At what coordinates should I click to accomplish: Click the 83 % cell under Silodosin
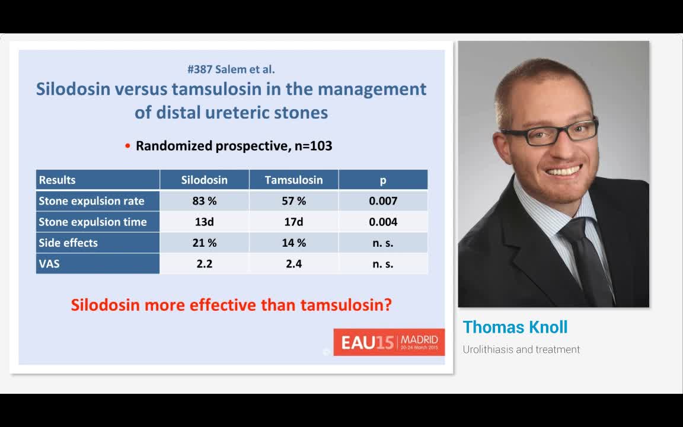point(205,201)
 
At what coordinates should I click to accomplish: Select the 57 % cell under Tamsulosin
point(293,201)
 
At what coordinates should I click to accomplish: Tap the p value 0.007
point(383,201)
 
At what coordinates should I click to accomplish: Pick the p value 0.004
point(383,222)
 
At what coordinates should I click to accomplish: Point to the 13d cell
point(205,222)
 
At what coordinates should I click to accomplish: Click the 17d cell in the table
point(293,222)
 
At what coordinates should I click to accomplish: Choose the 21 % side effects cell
point(205,243)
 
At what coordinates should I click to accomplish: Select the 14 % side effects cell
point(293,243)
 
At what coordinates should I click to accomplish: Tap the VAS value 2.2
point(205,264)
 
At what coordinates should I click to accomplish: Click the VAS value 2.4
point(293,264)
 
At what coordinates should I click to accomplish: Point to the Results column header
point(58,180)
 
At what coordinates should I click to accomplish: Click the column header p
point(383,180)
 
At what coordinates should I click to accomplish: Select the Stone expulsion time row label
point(92,222)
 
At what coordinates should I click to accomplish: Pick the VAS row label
point(49,264)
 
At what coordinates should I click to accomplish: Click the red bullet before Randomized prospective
point(127,146)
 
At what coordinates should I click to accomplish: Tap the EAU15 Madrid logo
point(389,342)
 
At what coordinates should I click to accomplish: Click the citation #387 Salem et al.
point(231,69)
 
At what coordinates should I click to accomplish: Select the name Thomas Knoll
point(515,327)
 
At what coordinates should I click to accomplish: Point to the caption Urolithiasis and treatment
point(521,350)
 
